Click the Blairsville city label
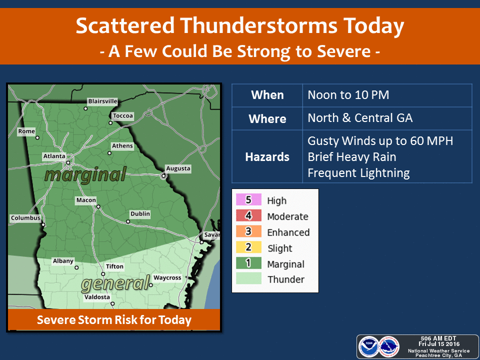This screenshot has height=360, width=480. [x=102, y=101]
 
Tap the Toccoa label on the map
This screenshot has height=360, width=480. [x=123, y=116]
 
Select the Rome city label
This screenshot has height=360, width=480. [x=26, y=131]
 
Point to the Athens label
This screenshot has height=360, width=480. [x=122, y=146]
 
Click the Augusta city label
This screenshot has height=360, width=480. [x=178, y=168]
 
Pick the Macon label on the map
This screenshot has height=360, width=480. [x=86, y=200]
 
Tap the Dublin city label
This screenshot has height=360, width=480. [x=140, y=214]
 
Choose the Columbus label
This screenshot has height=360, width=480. [x=25, y=218]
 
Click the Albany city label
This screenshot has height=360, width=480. [x=63, y=261]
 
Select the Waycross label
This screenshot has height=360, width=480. [x=167, y=277]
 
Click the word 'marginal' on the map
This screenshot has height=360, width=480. [x=84, y=174]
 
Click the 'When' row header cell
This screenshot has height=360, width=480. [x=267, y=95]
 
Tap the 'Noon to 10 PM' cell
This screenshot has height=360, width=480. [x=348, y=95]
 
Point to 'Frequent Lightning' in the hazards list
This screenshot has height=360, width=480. [x=358, y=173]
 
